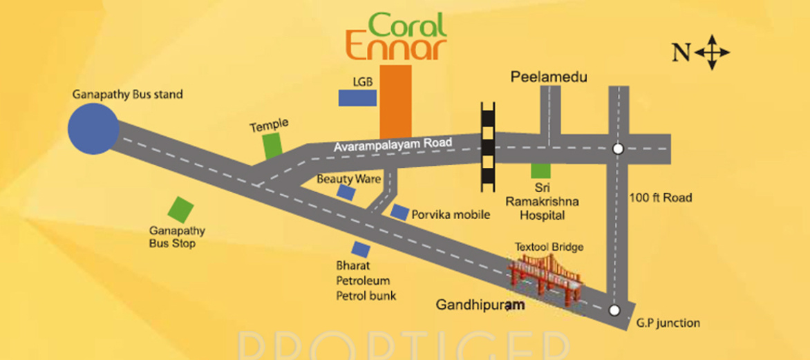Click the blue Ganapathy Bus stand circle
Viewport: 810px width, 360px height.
(93, 129)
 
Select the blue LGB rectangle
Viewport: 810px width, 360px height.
(357, 97)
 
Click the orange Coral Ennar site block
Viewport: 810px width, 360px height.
(396, 101)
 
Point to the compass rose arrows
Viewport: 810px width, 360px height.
(713, 53)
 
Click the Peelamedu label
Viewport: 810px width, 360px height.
(549, 77)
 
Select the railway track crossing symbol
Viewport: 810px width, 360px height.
(489, 144)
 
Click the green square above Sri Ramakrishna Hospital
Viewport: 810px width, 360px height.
(540, 170)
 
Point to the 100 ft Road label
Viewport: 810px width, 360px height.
(660, 198)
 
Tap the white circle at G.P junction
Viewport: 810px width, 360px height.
(613, 310)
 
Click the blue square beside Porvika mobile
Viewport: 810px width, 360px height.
(399, 213)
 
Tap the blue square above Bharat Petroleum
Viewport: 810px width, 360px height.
(360, 249)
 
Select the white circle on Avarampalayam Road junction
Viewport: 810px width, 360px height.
(618, 148)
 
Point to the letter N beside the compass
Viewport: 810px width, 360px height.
(681, 53)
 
